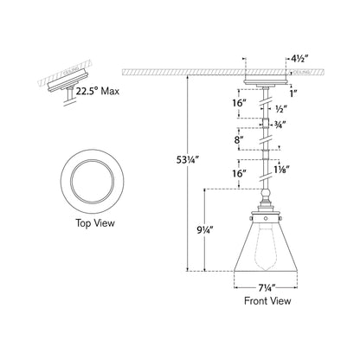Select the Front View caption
[267, 301]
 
